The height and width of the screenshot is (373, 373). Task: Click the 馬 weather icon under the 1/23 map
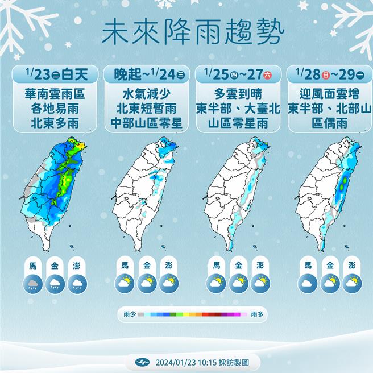(33, 283)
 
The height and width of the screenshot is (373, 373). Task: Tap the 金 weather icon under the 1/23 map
(56, 283)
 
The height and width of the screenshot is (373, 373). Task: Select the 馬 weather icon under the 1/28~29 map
(308, 283)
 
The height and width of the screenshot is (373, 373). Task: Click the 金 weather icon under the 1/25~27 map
(238, 283)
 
